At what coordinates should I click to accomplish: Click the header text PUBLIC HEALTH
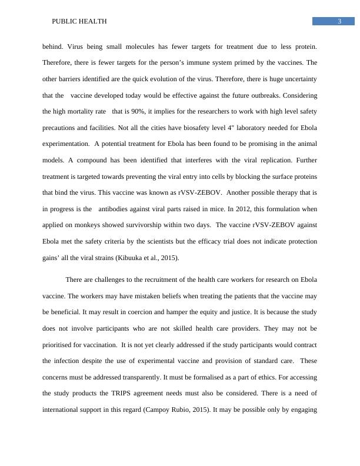coord(79,21)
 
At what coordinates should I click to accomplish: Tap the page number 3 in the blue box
coord(339,22)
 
